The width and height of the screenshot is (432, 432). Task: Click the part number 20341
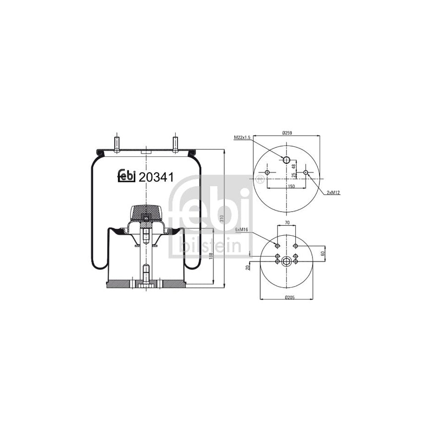coord(156,178)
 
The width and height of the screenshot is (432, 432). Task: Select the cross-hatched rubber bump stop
coord(146,212)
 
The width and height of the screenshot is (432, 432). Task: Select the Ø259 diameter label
coord(288,132)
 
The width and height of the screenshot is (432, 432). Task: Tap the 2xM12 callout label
coord(333,192)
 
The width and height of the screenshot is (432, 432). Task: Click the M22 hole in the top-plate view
coord(287,160)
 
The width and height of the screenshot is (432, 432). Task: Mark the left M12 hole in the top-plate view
coord(267,172)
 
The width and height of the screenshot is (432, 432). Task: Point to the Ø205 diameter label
coord(289,298)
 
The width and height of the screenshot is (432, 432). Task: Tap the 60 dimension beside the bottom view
coord(323,253)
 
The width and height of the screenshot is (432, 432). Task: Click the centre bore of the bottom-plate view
coord(287,262)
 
